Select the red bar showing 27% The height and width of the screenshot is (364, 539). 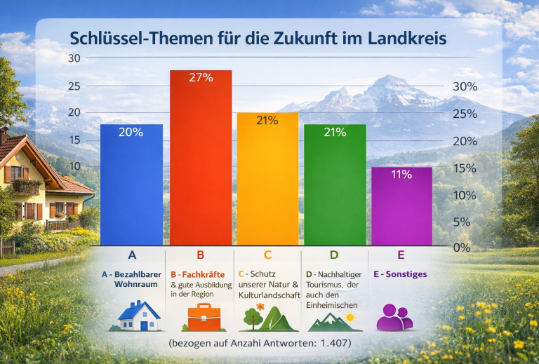pos(201,158)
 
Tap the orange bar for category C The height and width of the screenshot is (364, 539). pos(267,179)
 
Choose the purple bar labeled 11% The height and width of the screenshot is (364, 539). pos(401,206)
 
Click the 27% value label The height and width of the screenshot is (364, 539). pos(201,77)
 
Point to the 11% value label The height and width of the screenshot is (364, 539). pos(401,175)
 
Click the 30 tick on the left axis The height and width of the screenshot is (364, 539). pos(74,58)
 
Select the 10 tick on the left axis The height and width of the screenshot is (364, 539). pos(74,166)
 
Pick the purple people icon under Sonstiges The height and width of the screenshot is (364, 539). pos(394,317)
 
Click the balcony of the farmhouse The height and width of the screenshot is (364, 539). pos(26,187)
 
